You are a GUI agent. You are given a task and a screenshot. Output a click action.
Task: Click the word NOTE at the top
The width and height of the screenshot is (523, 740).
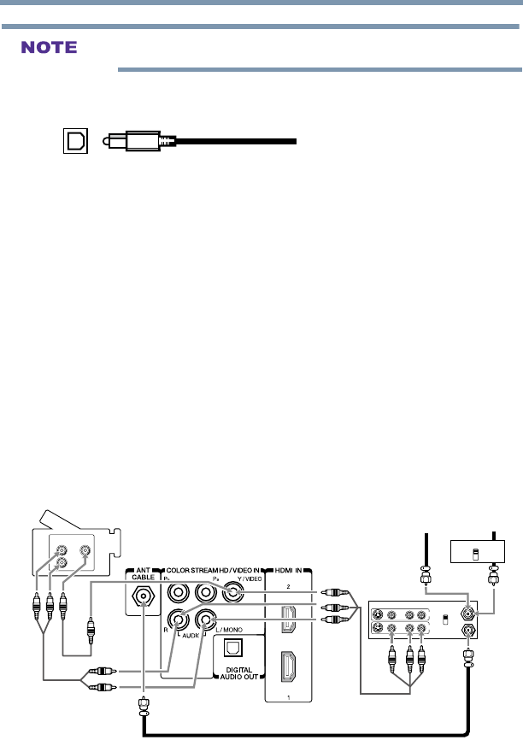[52, 47]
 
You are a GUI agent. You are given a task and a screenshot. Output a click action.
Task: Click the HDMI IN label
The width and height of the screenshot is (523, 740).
[290, 569]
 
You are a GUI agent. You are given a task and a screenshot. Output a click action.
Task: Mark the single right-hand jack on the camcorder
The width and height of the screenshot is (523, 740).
[84, 553]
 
